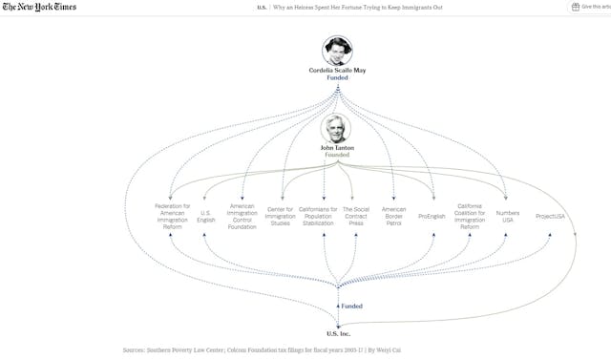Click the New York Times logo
click(39, 8)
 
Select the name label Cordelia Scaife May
click(337, 70)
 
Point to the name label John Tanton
click(336, 148)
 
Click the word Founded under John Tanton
click(336, 155)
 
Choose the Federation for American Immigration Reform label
click(172, 216)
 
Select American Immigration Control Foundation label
click(242, 216)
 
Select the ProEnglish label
click(432, 215)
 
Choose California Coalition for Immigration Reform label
click(469, 216)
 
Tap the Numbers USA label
click(507, 216)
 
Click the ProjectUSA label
click(550, 215)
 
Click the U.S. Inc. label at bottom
click(338, 332)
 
